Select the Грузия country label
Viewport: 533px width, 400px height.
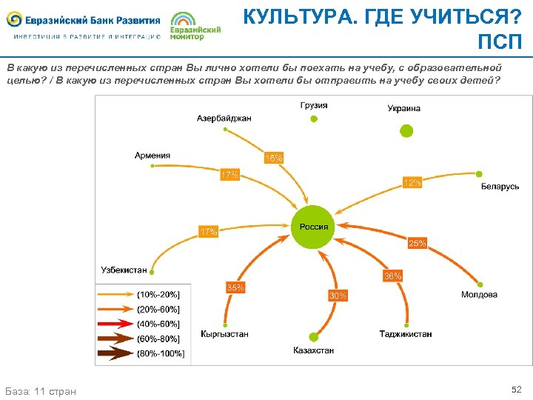[314, 106]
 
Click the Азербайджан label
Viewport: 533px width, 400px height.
[224, 118]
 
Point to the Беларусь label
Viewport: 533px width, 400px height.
[500, 187]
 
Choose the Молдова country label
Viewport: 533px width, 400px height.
[479, 295]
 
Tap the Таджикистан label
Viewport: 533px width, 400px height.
[406, 334]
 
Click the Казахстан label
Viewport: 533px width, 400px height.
[314, 350]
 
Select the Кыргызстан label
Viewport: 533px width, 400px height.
[224, 334]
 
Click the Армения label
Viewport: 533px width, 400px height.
[152, 156]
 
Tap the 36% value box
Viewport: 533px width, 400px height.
[392, 276]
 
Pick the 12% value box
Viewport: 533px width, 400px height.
[412, 182]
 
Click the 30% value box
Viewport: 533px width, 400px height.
[338, 296]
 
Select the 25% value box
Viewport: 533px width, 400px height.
[418, 242]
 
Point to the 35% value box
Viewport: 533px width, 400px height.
[235, 287]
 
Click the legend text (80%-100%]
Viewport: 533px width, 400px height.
[161, 353]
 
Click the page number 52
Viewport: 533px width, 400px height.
[516, 389]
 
